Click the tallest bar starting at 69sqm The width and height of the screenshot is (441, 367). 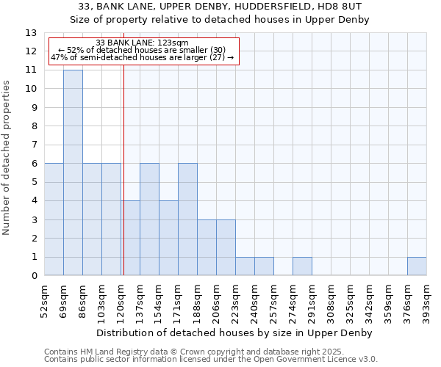tap(73, 172)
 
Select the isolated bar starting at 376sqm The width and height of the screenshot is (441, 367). tap(417, 266)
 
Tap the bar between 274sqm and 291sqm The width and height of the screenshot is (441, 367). tap(302, 266)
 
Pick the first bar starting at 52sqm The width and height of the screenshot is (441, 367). tap(54, 219)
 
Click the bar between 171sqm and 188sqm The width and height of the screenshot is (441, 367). tap(187, 219)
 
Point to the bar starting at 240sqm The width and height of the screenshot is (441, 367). tap(264, 266)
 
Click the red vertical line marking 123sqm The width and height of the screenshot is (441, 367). tap(123, 169)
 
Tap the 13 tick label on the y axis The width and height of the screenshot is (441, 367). tap(31, 33)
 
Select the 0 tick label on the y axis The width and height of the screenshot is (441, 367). tap(34, 276)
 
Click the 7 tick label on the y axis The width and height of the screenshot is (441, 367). tap(34, 145)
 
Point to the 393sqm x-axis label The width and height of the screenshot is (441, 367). tap(427, 300)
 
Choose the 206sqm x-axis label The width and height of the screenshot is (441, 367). tap(217, 300)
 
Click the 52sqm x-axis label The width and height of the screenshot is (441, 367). tap(45, 300)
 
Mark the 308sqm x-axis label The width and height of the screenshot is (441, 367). tap(331, 300)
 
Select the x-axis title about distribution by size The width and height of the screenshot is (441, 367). tap(235, 333)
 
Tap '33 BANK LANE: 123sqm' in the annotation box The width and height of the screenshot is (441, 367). tap(142, 43)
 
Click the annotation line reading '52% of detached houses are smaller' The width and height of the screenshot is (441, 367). tap(142, 50)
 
